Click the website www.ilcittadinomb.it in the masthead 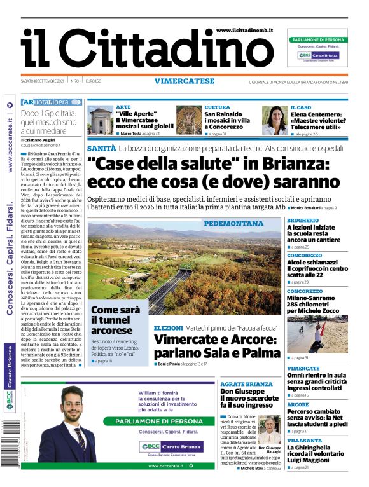(x=244, y=31)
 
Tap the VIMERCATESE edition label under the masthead (x=184, y=81)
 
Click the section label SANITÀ (x=102, y=148)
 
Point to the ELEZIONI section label (x=169, y=328)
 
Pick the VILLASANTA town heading (x=304, y=441)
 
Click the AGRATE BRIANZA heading (x=246, y=385)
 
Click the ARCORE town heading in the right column (x=298, y=404)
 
